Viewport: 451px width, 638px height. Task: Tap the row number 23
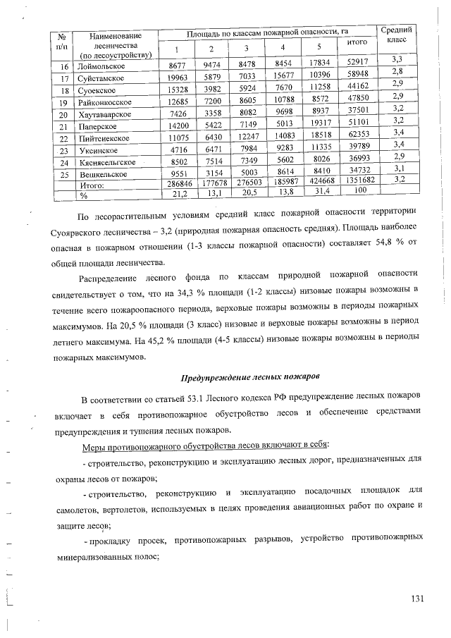pos(64,150)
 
